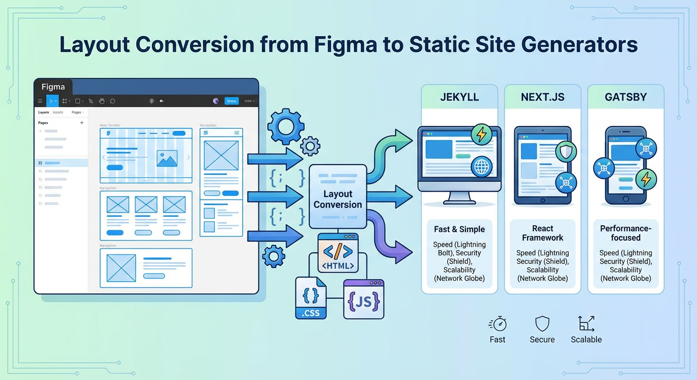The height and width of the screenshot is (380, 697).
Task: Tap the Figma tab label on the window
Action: pos(53,87)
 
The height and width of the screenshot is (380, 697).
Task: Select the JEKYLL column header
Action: pos(459,97)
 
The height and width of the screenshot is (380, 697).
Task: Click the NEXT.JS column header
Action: pos(543,97)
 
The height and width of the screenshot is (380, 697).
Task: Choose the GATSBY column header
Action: pos(626,97)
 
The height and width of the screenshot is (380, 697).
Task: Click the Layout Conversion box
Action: pos(338,196)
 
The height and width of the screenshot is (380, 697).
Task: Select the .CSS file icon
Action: pos(311,298)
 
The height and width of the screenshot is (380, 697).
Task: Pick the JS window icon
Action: pos(364,299)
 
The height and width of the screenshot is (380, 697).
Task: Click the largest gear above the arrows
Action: pos(286,127)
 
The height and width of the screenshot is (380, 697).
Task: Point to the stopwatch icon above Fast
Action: pos(498,324)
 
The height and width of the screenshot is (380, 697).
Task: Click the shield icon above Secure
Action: pos(543,324)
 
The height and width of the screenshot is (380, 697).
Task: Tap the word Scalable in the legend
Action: pos(586,339)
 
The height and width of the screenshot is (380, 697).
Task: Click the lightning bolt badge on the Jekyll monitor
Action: pos(481,135)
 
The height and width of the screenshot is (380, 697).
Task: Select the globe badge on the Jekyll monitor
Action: pos(481,167)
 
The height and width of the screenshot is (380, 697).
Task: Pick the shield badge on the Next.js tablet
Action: pos(565,152)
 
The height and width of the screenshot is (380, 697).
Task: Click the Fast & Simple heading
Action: pos(459,229)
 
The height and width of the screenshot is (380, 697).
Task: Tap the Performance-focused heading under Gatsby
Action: pos(626,233)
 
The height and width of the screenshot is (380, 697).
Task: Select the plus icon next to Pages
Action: pos(82,123)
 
